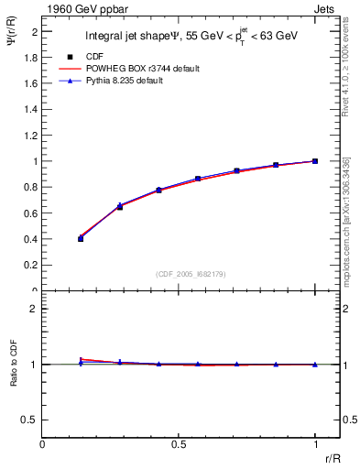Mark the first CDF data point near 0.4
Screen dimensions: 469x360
81,238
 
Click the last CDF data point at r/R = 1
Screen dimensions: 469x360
315,161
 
